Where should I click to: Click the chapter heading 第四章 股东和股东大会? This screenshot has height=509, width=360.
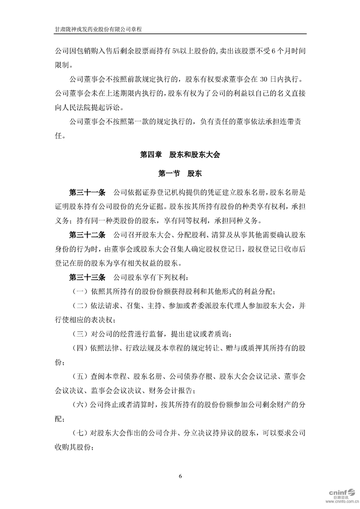coord(180,155)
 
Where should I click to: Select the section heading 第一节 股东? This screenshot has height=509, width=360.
coord(180,173)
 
